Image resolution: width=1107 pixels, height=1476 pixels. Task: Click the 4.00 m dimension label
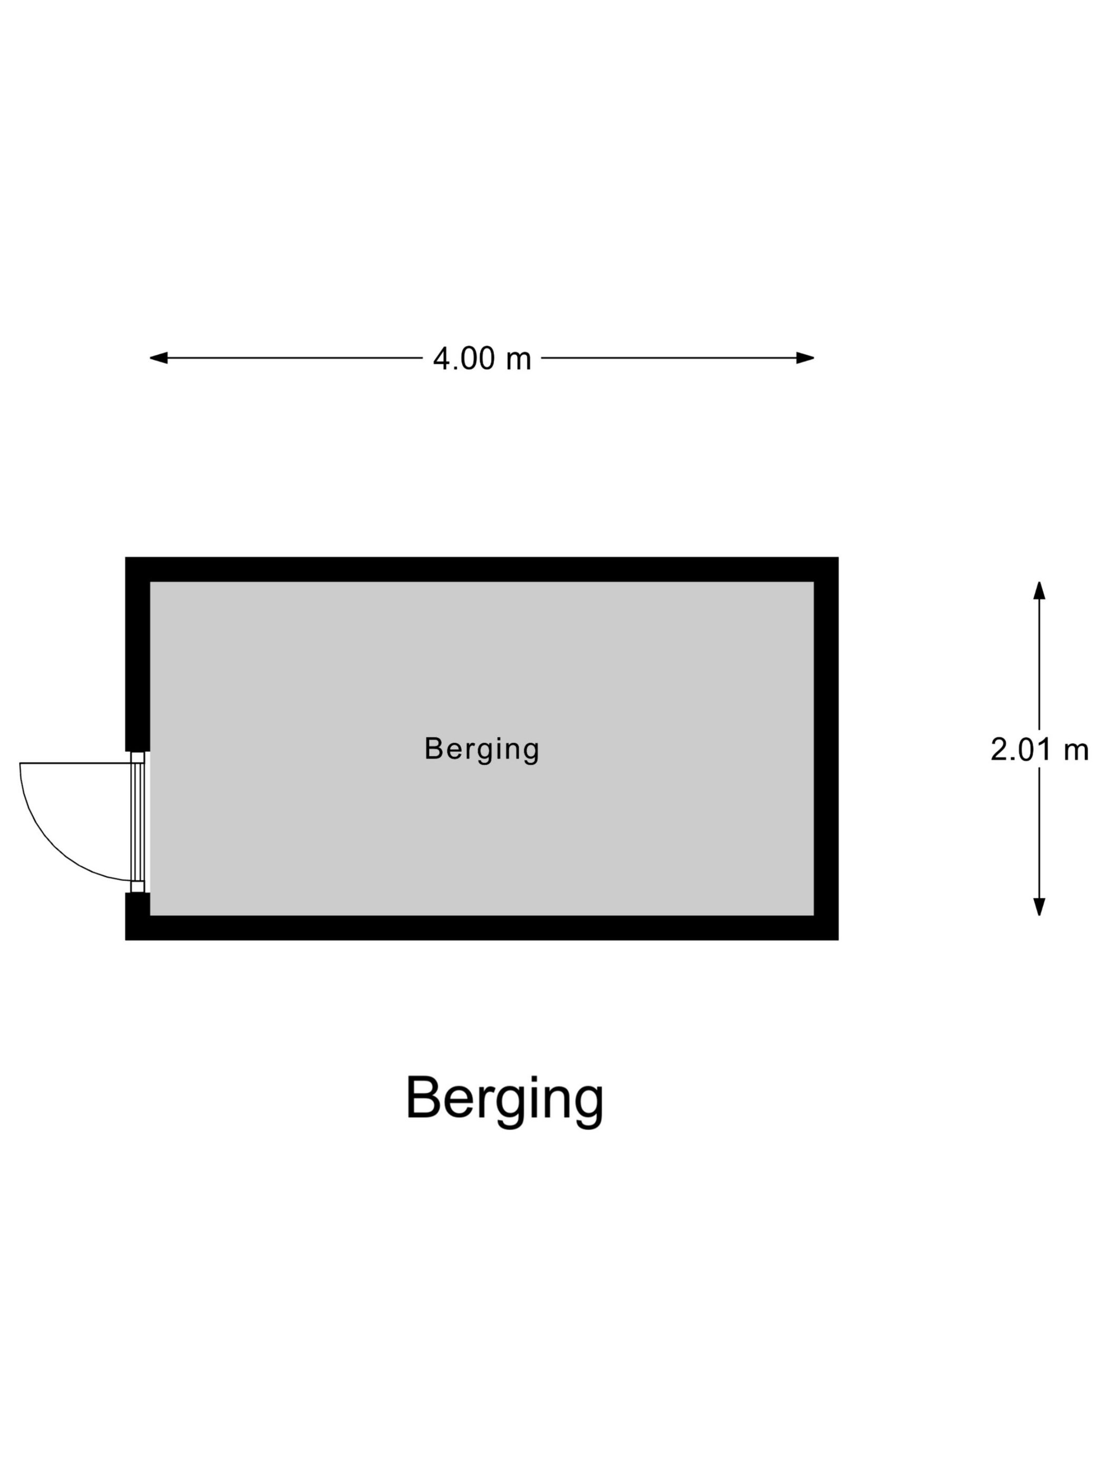(x=482, y=358)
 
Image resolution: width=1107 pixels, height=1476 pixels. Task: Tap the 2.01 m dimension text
(x=1039, y=750)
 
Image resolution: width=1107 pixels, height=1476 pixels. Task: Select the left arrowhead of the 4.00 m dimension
(x=158, y=357)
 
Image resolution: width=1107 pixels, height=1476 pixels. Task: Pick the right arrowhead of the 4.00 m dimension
(x=805, y=357)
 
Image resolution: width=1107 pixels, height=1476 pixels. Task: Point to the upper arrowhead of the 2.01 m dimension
(x=1039, y=590)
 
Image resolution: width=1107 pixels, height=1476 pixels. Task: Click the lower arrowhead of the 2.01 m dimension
(x=1039, y=907)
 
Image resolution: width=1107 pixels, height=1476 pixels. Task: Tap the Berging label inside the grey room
(x=482, y=749)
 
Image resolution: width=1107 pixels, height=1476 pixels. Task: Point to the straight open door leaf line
(x=75, y=763)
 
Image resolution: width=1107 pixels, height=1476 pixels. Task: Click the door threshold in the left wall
(x=138, y=821)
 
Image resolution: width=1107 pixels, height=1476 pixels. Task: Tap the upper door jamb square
(x=138, y=756)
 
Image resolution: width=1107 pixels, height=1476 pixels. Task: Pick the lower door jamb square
(x=138, y=887)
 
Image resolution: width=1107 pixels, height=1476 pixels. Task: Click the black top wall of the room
(x=482, y=569)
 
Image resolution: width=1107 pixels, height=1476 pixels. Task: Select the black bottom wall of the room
(x=482, y=928)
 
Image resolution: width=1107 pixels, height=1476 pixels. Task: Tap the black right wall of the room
(x=826, y=749)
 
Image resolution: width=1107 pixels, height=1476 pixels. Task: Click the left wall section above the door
(x=138, y=654)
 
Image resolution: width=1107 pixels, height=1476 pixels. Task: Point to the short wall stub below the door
(x=138, y=916)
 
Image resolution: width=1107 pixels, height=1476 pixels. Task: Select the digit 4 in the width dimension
(x=442, y=358)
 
